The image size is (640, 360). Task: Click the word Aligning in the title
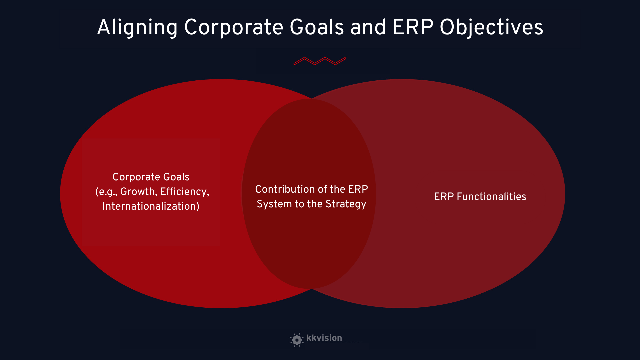pos(137,28)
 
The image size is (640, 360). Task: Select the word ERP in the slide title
pos(413,27)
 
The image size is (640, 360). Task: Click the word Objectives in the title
pos(492,28)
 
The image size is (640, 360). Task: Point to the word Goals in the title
pos(317,27)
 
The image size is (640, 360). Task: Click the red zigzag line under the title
pos(320,61)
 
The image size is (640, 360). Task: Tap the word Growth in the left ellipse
pos(138,192)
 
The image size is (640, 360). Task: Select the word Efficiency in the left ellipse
pos(185,192)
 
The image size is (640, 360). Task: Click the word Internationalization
pos(151,206)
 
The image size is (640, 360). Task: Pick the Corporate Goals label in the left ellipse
pos(151,177)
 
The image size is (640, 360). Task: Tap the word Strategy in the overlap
pos(346,204)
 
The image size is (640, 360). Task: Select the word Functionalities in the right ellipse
pos(491,197)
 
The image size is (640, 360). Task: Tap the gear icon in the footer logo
pos(297,340)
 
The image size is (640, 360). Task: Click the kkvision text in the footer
pos(324,338)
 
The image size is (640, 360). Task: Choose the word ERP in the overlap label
pos(358,189)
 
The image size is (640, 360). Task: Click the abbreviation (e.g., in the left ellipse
pos(106,192)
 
